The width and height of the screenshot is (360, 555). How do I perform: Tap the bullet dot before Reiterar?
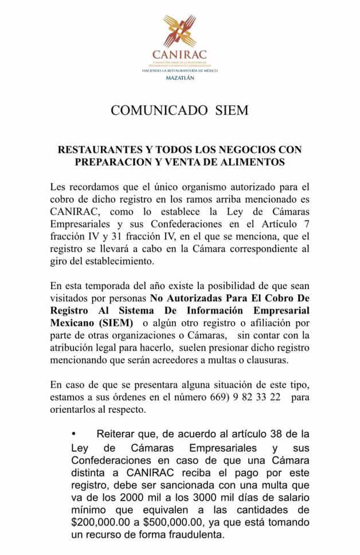[74, 435]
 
